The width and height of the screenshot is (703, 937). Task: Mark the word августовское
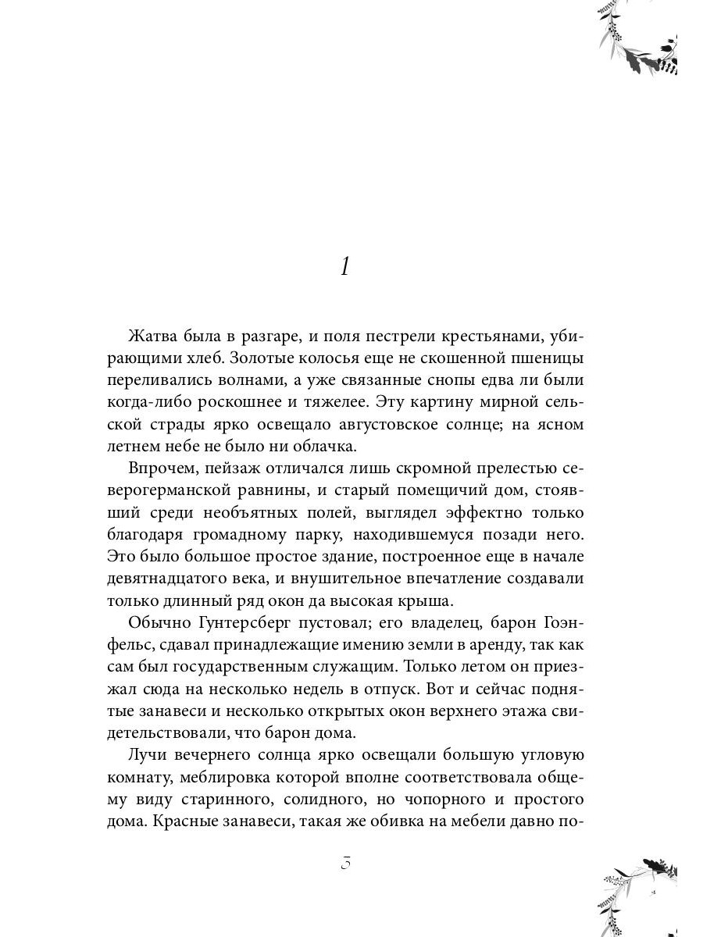tap(419, 426)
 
